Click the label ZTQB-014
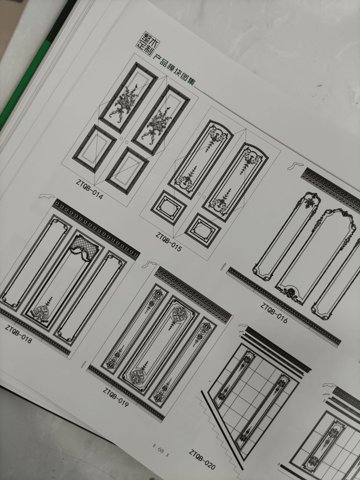[x=89, y=189]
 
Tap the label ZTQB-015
[x=168, y=242]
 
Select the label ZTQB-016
[x=274, y=313]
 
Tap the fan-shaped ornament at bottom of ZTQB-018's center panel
[x=42, y=313]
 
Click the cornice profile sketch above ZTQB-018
[x=46, y=196]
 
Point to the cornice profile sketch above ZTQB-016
[x=295, y=166]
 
